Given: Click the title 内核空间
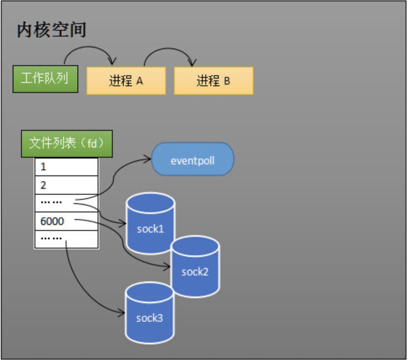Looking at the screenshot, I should (51, 30).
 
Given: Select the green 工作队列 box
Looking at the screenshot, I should (45, 79).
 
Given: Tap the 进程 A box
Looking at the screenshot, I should (126, 80).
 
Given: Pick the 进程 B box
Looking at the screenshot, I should (213, 80).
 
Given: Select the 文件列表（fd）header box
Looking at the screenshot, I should (67, 143).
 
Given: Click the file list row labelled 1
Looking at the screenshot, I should (66, 167).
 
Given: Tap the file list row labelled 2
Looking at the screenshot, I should (66, 185).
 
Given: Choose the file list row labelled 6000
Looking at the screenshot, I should (66, 221).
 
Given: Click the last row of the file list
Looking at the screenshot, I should (66, 239).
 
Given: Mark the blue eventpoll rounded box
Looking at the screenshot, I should (192, 160).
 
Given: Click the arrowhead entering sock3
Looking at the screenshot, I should (123, 312).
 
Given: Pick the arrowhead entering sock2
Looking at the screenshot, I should (168, 267).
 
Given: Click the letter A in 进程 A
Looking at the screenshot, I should (139, 81).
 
